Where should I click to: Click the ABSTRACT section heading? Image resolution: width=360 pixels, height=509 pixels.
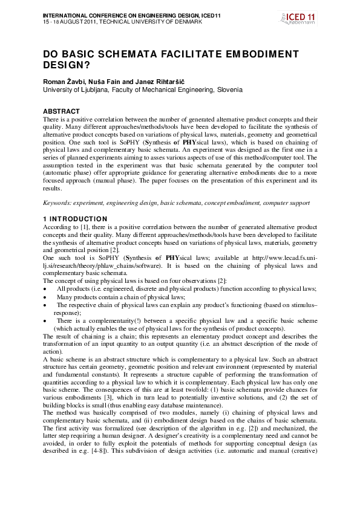[61, 111]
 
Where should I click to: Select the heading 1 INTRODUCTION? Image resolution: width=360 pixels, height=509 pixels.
[75, 219]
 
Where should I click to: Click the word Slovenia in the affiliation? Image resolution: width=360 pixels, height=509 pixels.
[228, 89]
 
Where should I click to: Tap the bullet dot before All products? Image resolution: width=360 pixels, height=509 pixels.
[45, 289]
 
